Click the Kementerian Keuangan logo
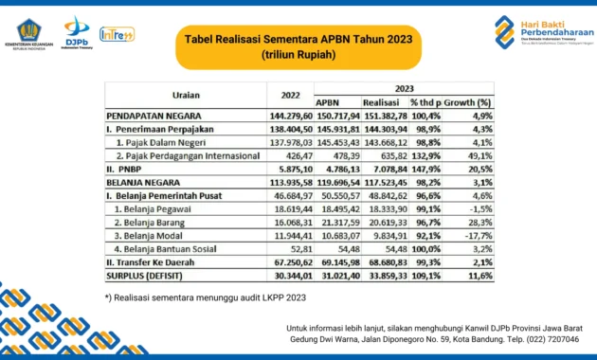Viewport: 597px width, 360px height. (x=27, y=31)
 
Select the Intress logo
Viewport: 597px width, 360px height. (x=118, y=34)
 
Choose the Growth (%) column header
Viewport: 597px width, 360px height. (x=470, y=101)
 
